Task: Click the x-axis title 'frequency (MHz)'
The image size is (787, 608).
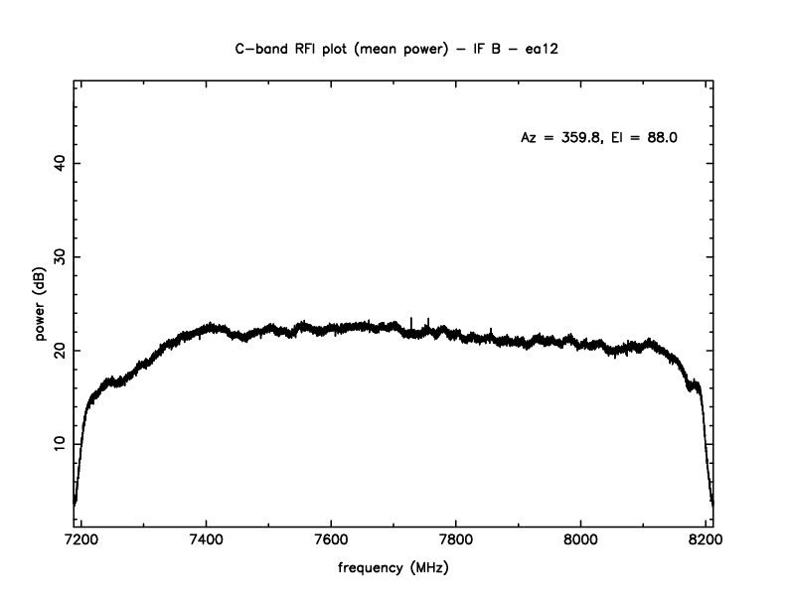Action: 394,572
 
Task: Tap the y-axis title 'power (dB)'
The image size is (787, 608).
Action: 41,304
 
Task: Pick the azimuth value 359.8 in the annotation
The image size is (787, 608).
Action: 580,138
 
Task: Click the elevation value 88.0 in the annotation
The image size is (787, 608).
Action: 660,138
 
